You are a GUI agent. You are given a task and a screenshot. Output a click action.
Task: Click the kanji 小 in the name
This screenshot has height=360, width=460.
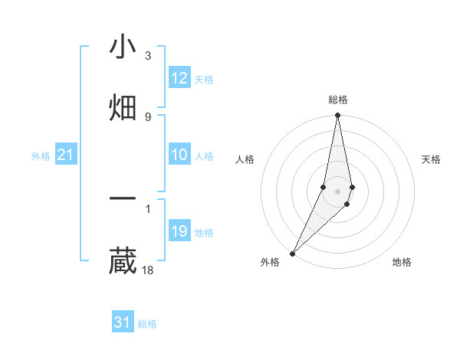[x=123, y=47]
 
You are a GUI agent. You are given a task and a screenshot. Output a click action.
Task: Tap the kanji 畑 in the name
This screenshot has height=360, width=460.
[x=123, y=107]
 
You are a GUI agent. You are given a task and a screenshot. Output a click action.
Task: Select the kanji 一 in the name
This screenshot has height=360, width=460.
[x=123, y=199]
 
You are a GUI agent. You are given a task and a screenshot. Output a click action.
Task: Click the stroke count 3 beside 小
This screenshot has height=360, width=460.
[x=147, y=56]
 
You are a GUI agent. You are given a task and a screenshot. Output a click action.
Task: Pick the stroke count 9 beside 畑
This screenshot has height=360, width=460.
[x=147, y=116]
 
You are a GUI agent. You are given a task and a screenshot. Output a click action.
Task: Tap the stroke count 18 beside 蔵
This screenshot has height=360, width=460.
[x=149, y=269]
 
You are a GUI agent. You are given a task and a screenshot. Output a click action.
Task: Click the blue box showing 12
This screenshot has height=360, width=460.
[x=179, y=78]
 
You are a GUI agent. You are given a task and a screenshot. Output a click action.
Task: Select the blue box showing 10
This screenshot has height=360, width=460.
[x=179, y=155]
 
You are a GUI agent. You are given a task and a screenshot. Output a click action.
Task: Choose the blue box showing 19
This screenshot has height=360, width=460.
[x=179, y=231]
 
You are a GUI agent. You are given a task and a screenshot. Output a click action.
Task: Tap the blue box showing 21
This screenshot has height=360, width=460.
[x=65, y=155]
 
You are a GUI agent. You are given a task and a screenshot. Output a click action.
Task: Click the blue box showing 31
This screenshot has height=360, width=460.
[x=123, y=322]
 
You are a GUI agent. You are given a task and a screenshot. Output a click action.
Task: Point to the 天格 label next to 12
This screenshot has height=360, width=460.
[x=204, y=80]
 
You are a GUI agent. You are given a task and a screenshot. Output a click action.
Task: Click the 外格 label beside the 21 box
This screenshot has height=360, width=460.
[x=41, y=156]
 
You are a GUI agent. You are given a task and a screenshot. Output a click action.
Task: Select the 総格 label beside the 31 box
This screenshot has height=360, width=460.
[x=147, y=324]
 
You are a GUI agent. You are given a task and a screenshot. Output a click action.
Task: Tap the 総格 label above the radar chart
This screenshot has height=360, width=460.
[x=338, y=100]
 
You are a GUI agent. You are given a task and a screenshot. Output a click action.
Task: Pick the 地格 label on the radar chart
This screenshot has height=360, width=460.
[x=402, y=262]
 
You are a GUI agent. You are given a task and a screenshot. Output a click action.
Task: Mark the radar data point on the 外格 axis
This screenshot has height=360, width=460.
[x=293, y=253]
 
